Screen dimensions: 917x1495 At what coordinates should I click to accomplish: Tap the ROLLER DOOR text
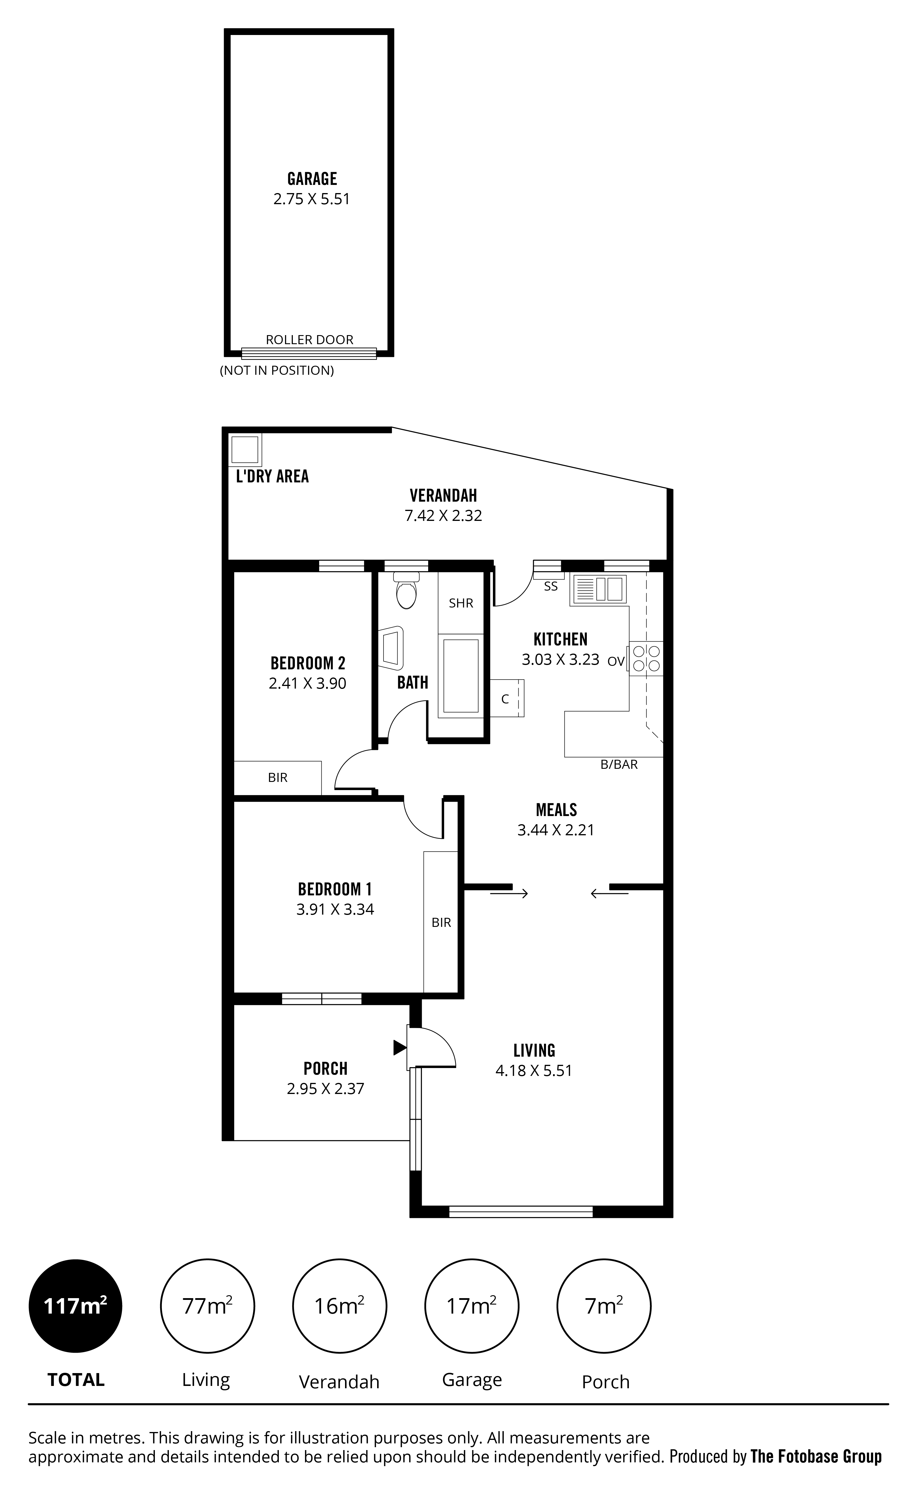[x=309, y=340]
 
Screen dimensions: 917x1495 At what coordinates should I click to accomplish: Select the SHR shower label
[x=461, y=603]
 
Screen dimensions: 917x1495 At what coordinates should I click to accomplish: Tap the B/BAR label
[x=619, y=764]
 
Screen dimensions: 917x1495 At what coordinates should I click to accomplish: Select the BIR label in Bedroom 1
[x=441, y=923]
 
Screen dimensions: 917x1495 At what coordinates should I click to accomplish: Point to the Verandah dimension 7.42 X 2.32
[x=444, y=516]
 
